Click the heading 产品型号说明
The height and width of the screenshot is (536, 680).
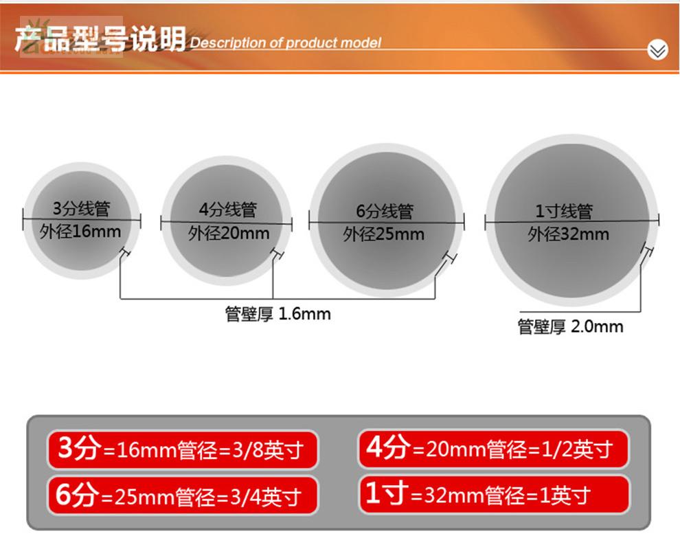100,39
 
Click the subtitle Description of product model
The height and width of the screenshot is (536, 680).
285,43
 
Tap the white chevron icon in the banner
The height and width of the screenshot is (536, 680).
657,49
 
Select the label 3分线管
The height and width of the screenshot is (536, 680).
82,208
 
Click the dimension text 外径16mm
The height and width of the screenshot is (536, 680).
80,230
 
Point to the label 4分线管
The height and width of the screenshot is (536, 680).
227,209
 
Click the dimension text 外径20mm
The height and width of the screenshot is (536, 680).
229,233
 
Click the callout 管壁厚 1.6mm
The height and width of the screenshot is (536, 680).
277,314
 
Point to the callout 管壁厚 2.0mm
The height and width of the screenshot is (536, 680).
570,326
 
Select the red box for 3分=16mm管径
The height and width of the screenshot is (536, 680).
183,450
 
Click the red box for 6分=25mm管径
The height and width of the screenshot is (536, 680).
183,495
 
